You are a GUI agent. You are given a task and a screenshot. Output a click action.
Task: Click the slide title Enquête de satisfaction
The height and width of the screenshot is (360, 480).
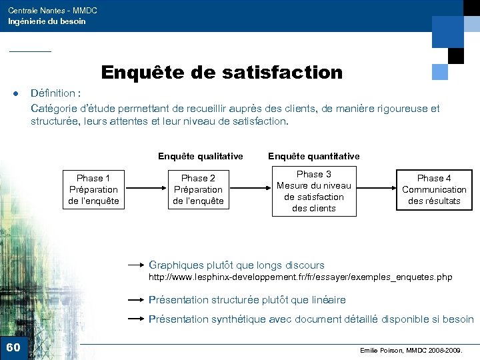coord(221,72)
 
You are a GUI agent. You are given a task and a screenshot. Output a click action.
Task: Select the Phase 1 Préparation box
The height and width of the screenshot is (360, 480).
coord(93,189)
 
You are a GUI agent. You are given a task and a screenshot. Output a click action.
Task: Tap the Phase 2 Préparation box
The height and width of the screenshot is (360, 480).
coord(198,189)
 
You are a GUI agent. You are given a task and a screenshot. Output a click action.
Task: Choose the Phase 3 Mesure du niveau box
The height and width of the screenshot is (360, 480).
coord(313,191)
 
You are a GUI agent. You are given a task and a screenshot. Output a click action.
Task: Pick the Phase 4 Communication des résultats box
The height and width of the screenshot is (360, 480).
coord(434,189)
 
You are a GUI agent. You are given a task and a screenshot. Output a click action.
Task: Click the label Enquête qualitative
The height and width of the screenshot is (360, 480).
coord(200,156)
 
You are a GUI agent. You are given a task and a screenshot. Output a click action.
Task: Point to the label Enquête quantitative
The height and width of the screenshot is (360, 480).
coord(313,156)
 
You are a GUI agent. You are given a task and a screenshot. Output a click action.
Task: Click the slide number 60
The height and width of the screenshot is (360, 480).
coord(13,347)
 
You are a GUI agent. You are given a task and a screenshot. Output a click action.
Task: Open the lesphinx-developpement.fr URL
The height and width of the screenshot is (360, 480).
coord(300,277)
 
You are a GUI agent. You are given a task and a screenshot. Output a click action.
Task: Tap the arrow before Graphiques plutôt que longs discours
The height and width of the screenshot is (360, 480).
coord(137,265)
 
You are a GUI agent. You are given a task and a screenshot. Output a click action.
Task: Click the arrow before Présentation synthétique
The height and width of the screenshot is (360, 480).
coord(137,319)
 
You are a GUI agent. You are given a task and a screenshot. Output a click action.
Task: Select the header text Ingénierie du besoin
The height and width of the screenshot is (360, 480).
coord(47,21)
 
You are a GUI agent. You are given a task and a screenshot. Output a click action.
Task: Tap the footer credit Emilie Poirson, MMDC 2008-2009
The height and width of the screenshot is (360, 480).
coord(411,350)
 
